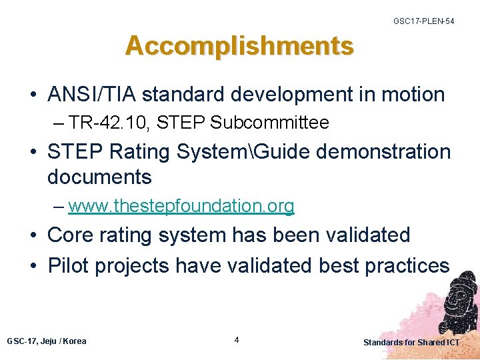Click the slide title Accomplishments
coord(239,46)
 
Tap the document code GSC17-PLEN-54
coord(423,22)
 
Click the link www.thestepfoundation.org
coord(181,207)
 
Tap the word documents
coord(99,177)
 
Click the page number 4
coord(237,340)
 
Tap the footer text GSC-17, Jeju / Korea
coord(47,341)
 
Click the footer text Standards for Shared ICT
coord(411,342)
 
